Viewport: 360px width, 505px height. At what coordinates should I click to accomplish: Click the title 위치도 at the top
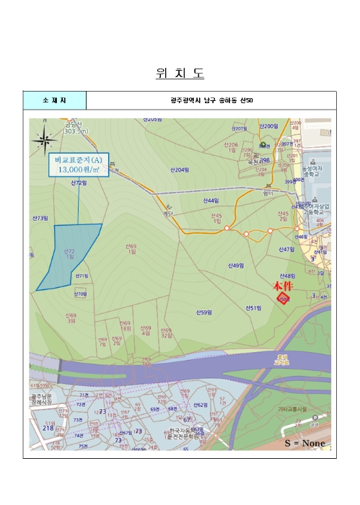coord(180,73)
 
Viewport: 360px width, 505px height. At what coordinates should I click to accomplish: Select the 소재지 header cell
coord(54,100)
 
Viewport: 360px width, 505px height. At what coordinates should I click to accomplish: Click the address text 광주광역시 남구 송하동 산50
coord(211,100)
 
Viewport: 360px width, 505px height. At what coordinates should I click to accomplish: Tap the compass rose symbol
coord(45,137)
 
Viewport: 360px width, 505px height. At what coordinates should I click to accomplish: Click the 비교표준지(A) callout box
coord(78,164)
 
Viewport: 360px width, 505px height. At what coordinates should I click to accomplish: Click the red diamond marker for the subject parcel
coord(284,299)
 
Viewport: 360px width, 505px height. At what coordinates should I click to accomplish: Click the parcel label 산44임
coord(211,200)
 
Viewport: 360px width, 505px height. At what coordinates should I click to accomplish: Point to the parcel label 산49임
coord(236,265)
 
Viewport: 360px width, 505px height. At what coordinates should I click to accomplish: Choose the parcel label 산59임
coord(203,312)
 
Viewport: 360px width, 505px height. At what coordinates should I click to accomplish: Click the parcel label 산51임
coord(253,308)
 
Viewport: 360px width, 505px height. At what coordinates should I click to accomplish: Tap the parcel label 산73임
coord(40,217)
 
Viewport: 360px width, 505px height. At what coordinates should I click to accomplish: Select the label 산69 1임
coord(131,248)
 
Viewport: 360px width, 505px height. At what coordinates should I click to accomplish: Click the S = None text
coord(304,442)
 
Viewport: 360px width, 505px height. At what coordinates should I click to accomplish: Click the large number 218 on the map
coord(48,429)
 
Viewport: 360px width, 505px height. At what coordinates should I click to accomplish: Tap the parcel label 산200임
coord(269,126)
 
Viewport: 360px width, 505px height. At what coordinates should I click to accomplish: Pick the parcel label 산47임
coord(288,249)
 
